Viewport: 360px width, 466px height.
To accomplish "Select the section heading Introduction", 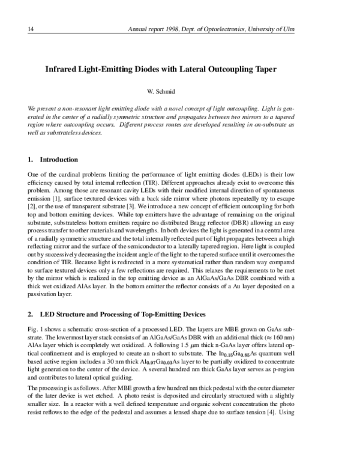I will tap(59, 160).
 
